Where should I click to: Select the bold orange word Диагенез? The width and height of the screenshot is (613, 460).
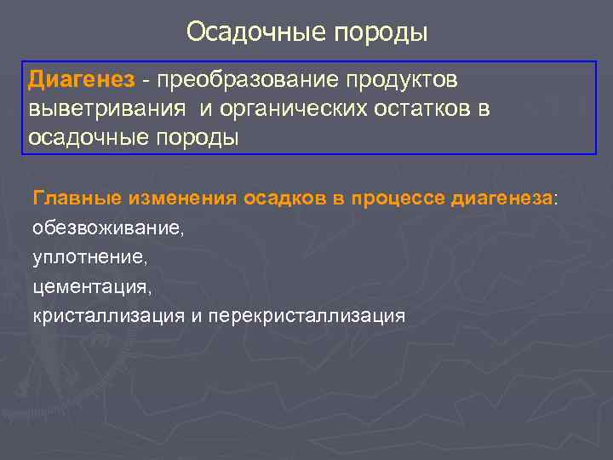click(x=81, y=80)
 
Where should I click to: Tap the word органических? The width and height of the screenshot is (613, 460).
click(x=296, y=109)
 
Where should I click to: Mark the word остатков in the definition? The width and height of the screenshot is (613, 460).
click(x=421, y=109)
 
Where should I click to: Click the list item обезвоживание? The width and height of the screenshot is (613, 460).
click(x=106, y=228)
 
